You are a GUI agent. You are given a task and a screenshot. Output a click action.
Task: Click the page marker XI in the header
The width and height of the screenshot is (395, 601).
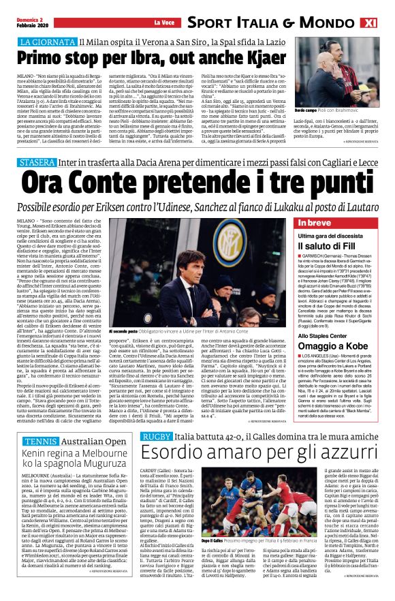(384, 23)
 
